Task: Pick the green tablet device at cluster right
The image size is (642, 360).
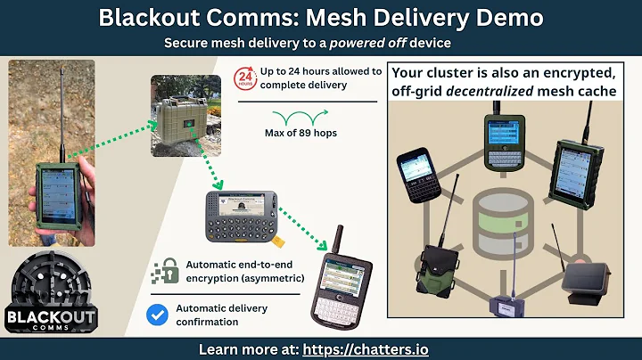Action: (582, 174)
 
